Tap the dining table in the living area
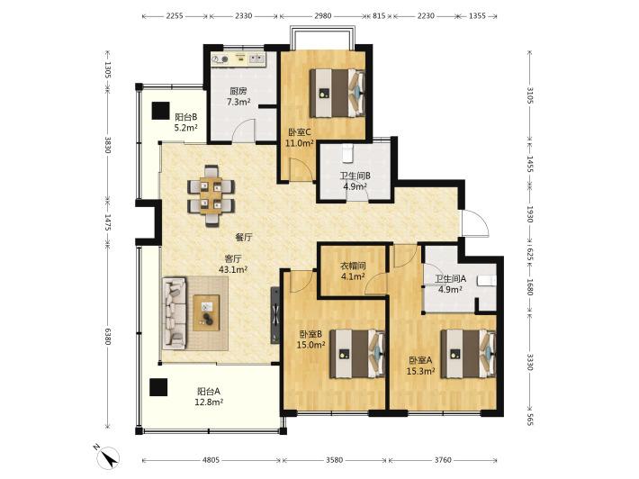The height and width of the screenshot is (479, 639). click(x=211, y=195)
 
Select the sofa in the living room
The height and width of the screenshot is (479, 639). click(x=175, y=312)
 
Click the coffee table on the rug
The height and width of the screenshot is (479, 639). click(x=206, y=312)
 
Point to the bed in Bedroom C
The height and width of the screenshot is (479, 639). click(x=337, y=93)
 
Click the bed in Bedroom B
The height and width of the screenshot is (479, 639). click(x=357, y=354)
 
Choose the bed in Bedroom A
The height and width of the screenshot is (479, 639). click(x=468, y=354)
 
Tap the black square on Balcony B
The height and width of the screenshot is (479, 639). click(x=160, y=111)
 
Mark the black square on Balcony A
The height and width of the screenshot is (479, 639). click(x=158, y=387)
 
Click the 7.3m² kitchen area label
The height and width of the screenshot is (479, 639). click(x=238, y=102)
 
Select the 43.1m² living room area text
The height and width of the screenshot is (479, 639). click(x=233, y=269)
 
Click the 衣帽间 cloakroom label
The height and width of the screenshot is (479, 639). click(x=353, y=267)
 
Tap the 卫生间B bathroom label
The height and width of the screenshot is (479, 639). click(x=355, y=176)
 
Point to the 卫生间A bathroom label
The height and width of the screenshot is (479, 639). click(x=450, y=279)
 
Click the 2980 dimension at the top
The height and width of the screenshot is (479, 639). click(x=323, y=16)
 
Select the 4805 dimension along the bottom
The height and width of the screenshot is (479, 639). click(x=211, y=460)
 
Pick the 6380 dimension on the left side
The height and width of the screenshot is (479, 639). click(x=108, y=337)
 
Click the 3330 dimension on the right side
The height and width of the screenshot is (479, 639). click(x=529, y=362)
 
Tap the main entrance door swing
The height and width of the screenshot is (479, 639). click(x=475, y=223)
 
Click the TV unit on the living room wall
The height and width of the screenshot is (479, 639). click(x=276, y=315)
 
